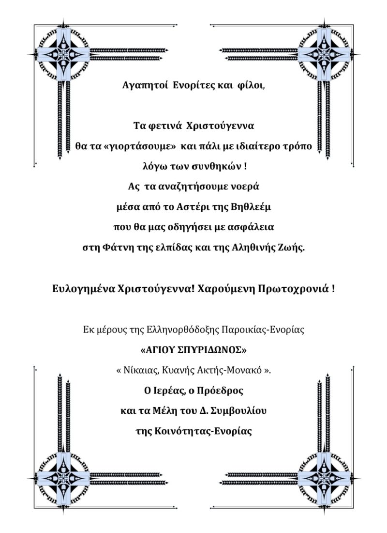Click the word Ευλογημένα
[83, 289]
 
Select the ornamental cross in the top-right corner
[324, 54]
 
